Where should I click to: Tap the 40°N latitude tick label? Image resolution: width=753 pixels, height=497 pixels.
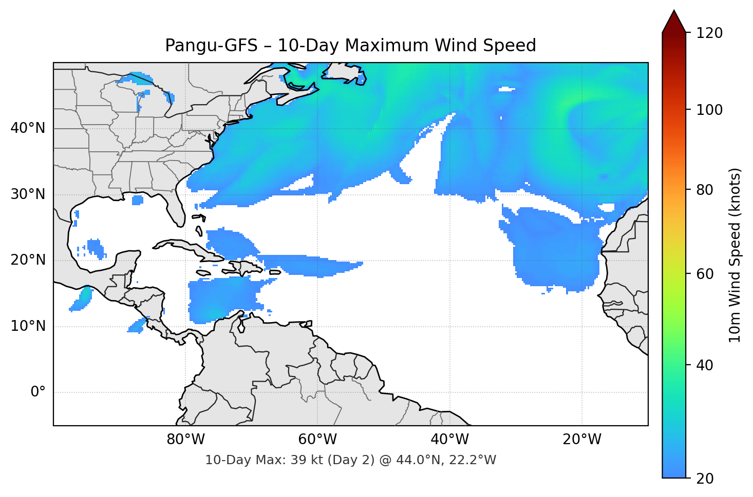point(28,128)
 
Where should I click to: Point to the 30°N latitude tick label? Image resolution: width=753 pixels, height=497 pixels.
point(28,194)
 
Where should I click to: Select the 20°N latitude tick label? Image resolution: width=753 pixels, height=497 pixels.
point(28,260)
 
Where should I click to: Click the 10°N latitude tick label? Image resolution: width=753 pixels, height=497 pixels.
point(28,326)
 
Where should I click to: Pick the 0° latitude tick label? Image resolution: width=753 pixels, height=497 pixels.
point(38,392)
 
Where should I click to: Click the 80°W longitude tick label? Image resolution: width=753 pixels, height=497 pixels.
point(185,440)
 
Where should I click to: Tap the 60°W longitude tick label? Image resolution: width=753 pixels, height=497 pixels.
point(317,440)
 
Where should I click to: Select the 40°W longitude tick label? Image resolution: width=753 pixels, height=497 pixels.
point(449,440)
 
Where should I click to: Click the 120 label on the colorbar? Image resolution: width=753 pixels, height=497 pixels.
point(709,33)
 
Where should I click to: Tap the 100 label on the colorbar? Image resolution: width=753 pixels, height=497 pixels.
point(709,110)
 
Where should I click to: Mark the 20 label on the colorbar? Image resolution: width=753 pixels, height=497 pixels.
point(705,479)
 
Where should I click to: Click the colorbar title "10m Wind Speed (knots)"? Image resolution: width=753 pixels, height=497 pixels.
point(735,255)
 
